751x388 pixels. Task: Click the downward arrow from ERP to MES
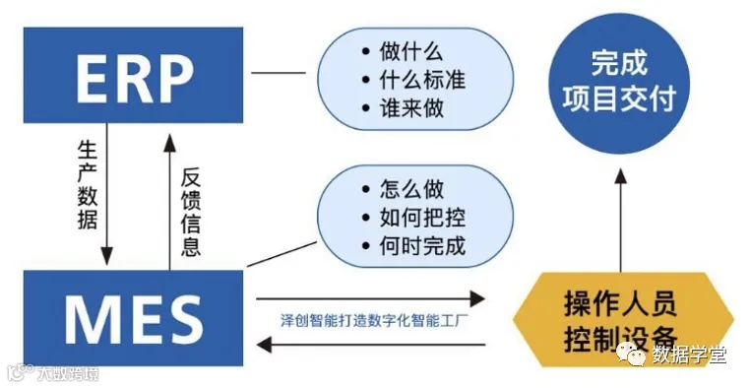pos(107,196)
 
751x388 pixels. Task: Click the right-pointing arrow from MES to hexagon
pos(372,296)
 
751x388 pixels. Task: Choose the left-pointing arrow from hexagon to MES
pos(372,344)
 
